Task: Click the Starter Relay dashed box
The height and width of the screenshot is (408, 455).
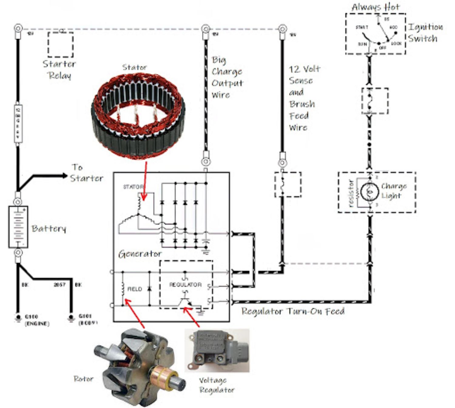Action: pyautogui.click(x=60, y=44)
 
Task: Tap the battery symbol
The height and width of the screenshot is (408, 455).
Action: pyautogui.click(x=18, y=227)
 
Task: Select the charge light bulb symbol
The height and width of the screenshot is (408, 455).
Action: pyautogui.click(x=369, y=192)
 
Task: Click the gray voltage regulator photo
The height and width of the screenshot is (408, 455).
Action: pyautogui.click(x=217, y=350)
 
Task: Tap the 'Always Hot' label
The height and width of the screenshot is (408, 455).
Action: pyautogui.click(x=376, y=7)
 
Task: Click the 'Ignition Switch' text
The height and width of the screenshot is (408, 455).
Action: pyautogui.click(x=425, y=33)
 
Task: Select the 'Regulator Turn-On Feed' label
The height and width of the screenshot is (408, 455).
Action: pyautogui.click(x=293, y=312)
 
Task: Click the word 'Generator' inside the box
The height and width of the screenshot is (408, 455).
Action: pyautogui.click(x=140, y=254)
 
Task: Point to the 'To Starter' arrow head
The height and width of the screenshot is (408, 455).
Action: pyautogui.click(x=64, y=175)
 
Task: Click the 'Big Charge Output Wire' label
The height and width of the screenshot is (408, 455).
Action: pyautogui.click(x=227, y=77)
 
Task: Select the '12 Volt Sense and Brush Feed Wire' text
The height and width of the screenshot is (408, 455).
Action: pyautogui.click(x=303, y=98)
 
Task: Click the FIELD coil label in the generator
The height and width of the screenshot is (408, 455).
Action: pyautogui.click(x=134, y=289)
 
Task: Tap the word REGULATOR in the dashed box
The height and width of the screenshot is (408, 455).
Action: pyautogui.click(x=185, y=285)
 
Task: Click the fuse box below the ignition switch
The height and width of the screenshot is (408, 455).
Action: pyautogui.click(x=375, y=101)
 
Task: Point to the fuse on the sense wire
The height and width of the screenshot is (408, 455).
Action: pyautogui.click(x=288, y=184)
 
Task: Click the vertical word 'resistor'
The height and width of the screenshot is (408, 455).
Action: pyautogui.click(x=351, y=194)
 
